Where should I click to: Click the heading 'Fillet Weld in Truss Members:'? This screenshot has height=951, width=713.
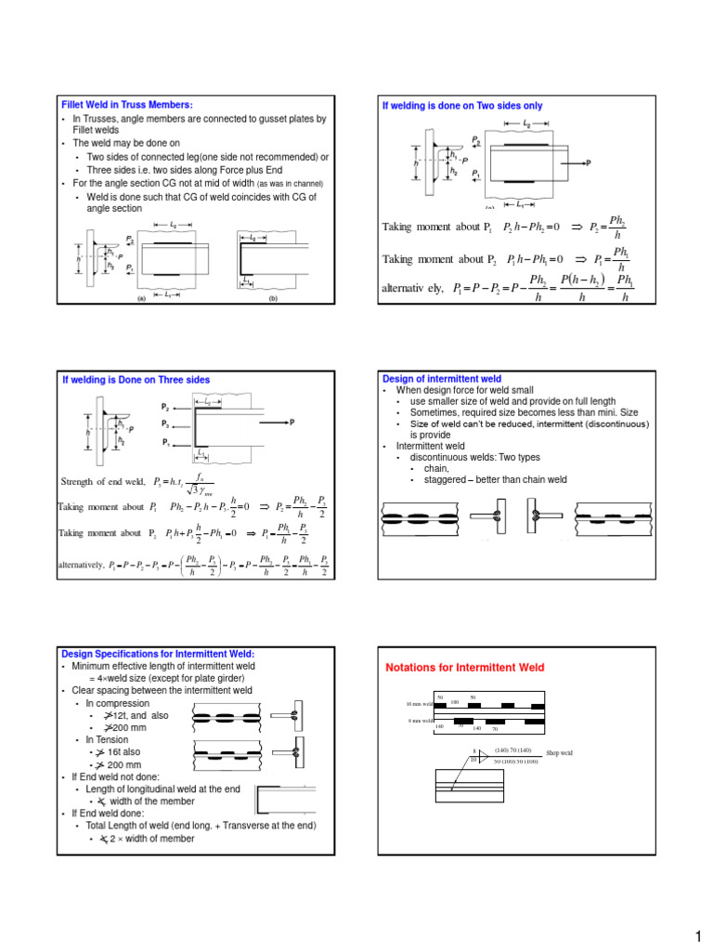point(117,105)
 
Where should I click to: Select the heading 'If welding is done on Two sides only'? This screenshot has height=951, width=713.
point(462,106)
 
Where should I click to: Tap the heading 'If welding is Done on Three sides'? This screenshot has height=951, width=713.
point(136,380)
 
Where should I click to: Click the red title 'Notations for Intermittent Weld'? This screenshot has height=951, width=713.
point(465,668)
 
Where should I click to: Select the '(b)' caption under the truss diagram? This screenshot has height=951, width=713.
point(273,300)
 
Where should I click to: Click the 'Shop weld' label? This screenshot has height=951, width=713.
point(560,752)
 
